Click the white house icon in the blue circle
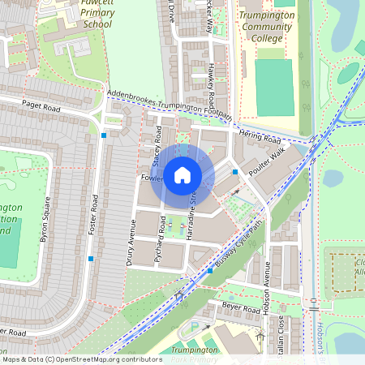point(182,174)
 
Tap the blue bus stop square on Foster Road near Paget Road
point(104,135)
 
